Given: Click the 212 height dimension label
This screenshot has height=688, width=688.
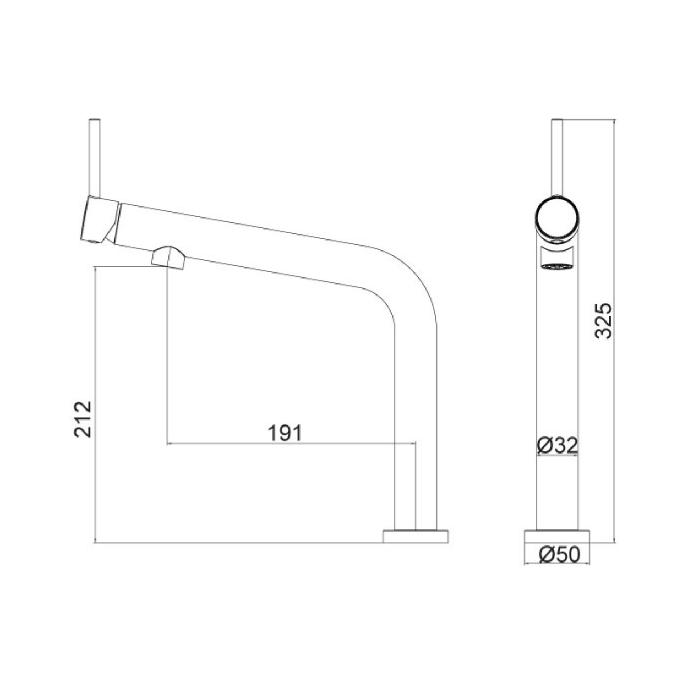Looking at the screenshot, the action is [x=83, y=419].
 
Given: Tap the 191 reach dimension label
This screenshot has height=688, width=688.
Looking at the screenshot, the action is [x=285, y=433].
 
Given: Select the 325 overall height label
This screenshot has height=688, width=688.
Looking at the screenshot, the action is [x=603, y=321].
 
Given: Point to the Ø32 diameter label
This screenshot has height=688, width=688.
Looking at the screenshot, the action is [x=558, y=445].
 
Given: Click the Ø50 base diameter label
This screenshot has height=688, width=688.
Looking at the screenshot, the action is [x=559, y=554].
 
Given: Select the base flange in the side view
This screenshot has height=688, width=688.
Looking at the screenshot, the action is [x=415, y=536].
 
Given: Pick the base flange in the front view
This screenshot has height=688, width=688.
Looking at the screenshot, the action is [x=557, y=536].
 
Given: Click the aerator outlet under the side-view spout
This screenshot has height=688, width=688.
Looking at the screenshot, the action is [x=168, y=258].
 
